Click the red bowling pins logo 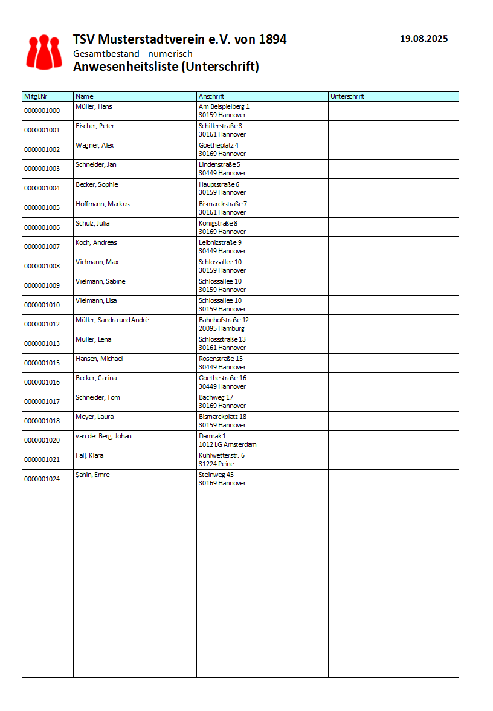click(x=44, y=51)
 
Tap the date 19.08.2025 click(x=424, y=39)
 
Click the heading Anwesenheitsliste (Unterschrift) click(x=166, y=67)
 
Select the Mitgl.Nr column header click(x=36, y=96)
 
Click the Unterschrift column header click(x=347, y=96)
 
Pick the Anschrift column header click(x=211, y=96)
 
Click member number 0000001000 click(x=42, y=111)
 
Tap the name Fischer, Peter click(x=95, y=126)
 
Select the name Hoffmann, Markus click(x=102, y=204)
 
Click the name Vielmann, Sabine click(x=100, y=281)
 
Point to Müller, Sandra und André click(x=112, y=320)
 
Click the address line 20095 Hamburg click(x=221, y=328)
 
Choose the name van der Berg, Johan click(x=103, y=436)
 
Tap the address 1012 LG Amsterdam click(x=227, y=444)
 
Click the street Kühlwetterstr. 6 click(x=221, y=455)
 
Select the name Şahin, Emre click(x=92, y=475)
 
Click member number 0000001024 click(x=42, y=479)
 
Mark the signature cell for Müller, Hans click(x=393, y=111)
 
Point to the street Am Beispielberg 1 click(x=224, y=106)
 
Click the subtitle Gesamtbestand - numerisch click(x=132, y=54)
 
